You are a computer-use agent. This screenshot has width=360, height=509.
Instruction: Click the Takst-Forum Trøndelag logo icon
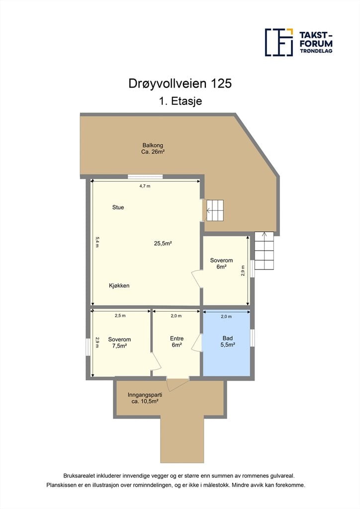(x=279, y=42)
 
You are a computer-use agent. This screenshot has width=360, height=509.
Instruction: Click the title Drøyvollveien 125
(x=180, y=84)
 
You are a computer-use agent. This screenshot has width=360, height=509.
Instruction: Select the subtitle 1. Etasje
(x=180, y=101)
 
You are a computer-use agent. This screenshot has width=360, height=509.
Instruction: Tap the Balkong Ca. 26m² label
(x=153, y=148)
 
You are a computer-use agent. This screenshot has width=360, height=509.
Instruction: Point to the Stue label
(x=118, y=207)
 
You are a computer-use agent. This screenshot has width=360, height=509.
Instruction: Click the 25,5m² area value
(x=163, y=243)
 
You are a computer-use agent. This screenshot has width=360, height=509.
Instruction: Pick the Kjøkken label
(x=119, y=286)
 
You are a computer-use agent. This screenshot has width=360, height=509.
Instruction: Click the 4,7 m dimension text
(x=145, y=186)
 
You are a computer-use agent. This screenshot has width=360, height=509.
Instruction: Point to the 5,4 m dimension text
(x=97, y=242)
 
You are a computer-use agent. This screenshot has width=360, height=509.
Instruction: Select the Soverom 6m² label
(x=221, y=263)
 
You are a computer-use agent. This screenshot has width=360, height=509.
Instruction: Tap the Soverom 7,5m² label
(x=119, y=343)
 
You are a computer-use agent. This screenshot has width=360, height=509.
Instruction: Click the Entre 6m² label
(x=177, y=342)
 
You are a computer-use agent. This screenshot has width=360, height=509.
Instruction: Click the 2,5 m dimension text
(x=120, y=316)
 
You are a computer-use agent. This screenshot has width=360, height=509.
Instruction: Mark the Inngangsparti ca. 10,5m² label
(x=145, y=398)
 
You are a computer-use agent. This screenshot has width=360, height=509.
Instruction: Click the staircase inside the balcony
(x=215, y=210)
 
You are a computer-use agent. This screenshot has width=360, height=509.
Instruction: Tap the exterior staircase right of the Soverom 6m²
(x=264, y=251)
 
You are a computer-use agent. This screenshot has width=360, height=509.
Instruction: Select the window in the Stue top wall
(x=145, y=177)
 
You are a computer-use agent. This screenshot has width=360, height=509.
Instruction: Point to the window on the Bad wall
(x=252, y=338)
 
